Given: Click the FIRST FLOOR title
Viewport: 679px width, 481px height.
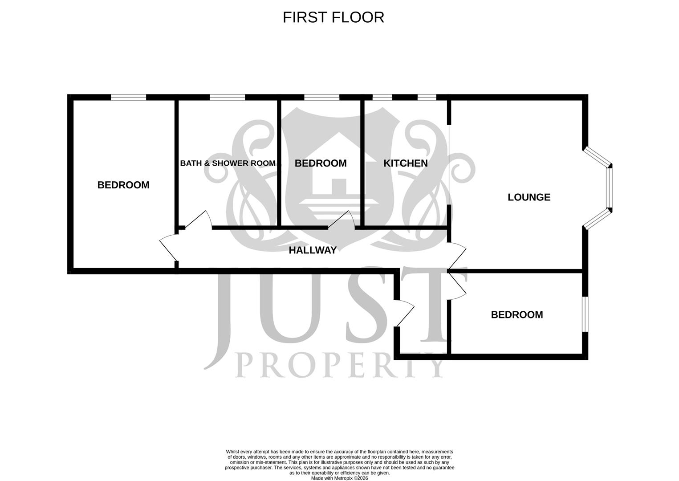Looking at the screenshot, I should [333, 17].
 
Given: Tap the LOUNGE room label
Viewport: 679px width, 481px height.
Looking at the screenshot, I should [529, 197].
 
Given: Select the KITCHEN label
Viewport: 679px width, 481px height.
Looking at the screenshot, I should [406, 163].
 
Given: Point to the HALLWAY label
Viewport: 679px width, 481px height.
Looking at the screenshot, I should [313, 250].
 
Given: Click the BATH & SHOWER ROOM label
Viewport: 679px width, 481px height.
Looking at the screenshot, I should [228, 163].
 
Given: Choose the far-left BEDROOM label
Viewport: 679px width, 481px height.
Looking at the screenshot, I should [123, 185].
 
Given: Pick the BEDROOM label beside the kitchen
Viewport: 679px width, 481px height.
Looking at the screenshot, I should [321, 163].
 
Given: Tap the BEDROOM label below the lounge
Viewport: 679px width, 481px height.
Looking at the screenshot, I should [517, 314].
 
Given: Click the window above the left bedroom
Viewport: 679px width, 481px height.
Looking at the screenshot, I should [128, 97].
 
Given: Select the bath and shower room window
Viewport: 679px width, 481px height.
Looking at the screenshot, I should [227, 97].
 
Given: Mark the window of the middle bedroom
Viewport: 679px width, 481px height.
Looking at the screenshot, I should [322, 97].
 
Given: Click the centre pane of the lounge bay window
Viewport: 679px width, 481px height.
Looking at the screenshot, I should [609, 188].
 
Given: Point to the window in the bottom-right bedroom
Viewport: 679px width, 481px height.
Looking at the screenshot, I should [585, 314].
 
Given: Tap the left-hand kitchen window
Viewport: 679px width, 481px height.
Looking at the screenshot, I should [382, 97].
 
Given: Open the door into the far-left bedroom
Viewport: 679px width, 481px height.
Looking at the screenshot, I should [169, 249].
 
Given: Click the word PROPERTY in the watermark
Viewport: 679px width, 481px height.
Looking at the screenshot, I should [339, 365].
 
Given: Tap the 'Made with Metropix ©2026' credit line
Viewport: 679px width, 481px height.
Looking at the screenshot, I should [339, 478].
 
